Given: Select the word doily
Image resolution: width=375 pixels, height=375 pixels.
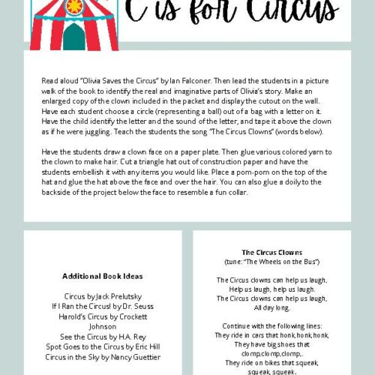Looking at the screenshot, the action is [267, 181].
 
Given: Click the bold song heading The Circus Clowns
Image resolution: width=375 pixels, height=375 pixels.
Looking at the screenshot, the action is [271, 252].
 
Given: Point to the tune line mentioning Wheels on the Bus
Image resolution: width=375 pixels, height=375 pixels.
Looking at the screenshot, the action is [271, 261].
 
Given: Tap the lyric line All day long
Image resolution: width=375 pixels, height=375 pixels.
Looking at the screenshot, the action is [271, 307].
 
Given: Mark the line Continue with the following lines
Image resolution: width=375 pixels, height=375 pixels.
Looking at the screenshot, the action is [271, 326].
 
